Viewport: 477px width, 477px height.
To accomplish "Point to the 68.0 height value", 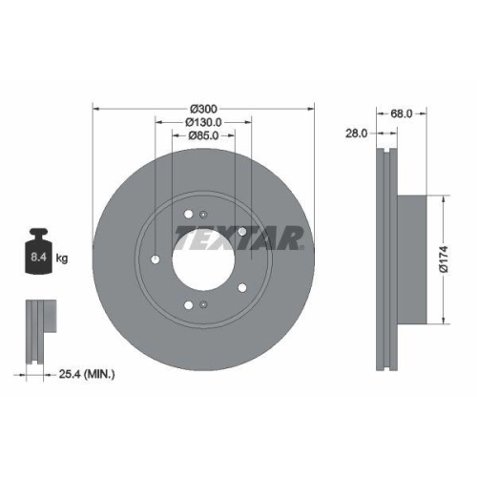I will [x=401, y=114].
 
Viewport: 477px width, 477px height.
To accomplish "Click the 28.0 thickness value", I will [x=356, y=135].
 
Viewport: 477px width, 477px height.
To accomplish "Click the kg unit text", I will [x=61, y=259].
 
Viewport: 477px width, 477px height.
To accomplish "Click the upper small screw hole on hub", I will [x=190, y=212].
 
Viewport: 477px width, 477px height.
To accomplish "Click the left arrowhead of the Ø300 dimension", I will [x=96, y=107].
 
